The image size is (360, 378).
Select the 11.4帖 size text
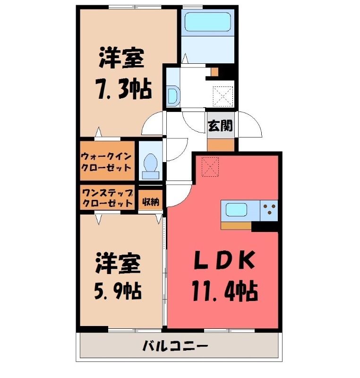(224, 292)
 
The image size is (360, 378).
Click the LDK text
(224, 260)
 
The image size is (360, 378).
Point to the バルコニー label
(175, 347)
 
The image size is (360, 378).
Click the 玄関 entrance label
(221, 126)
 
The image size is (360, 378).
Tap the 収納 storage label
(151, 202)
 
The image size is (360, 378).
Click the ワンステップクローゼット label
(107, 198)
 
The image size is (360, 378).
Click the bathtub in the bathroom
(207, 22)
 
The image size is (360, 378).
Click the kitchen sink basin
(236, 210)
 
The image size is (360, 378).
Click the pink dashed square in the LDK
(210, 167)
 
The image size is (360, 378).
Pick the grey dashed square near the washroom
(223, 96)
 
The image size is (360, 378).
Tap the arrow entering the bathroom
(185, 59)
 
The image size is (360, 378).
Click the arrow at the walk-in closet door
(98, 132)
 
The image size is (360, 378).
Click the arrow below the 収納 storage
(159, 219)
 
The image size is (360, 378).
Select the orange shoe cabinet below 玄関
(221, 145)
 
